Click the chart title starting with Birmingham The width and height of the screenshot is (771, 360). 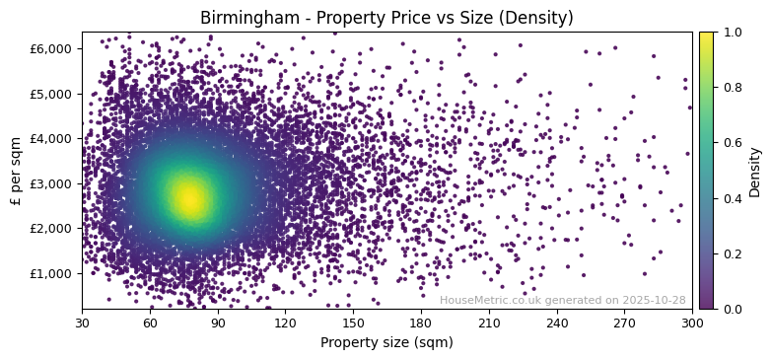pyautogui.click(x=386, y=18)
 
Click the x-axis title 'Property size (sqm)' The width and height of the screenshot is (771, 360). pyautogui.click(x=386, y=342)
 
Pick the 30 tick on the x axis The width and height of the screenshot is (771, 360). pyautogui.click(x=82, y=323)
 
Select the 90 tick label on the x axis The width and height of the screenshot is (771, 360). pyautogui.click(x=218, y=323)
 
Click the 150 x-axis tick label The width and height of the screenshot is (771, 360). pyautogui.click(x=353, y=323)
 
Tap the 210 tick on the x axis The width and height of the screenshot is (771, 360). pyautogui.click(x=489, y=323)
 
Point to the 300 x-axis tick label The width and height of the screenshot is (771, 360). pyautogui.click(x=692, y=323)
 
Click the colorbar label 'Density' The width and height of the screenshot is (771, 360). pyautogui.click(x=755, y=171)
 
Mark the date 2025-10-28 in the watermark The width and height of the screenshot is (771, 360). pyautogui.click(x=656, y=300)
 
